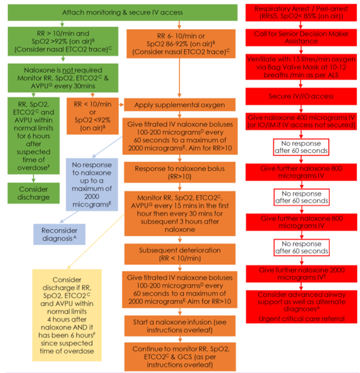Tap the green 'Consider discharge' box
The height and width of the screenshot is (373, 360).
[33, 193]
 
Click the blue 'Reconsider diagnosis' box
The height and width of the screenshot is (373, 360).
[59, 235]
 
